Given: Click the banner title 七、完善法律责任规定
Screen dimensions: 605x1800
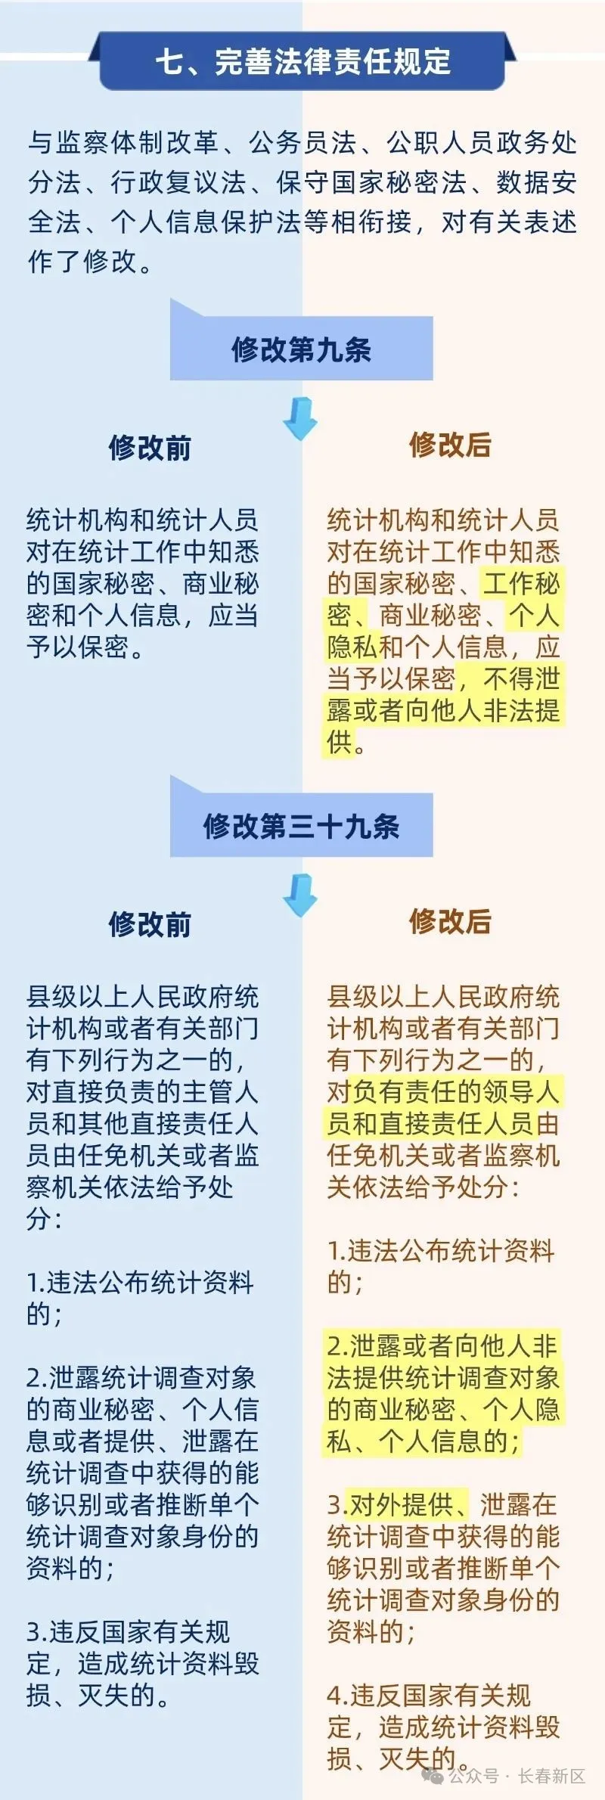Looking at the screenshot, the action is point(302,61).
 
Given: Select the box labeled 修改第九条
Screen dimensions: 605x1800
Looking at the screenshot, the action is point(302,349).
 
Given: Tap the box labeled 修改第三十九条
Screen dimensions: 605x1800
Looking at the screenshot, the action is point(302,825).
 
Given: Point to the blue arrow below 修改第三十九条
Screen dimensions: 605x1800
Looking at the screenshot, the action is point(300,895).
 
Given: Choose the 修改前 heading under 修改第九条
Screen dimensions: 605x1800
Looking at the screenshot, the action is point(150,448).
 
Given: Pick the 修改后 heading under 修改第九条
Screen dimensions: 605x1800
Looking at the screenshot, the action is point(451,445).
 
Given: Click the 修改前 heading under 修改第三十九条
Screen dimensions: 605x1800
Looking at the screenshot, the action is point(150,924).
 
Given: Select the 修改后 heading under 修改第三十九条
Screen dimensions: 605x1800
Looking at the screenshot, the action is point(451,921).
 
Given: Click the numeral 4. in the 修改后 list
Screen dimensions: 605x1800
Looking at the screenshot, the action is point(337,1696).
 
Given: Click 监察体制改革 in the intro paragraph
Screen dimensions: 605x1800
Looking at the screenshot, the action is point(137,143).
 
